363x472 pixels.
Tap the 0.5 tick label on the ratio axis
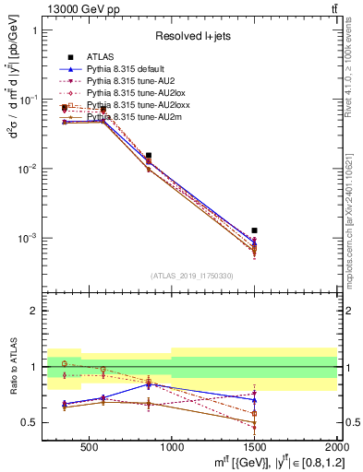coord(32,423)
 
